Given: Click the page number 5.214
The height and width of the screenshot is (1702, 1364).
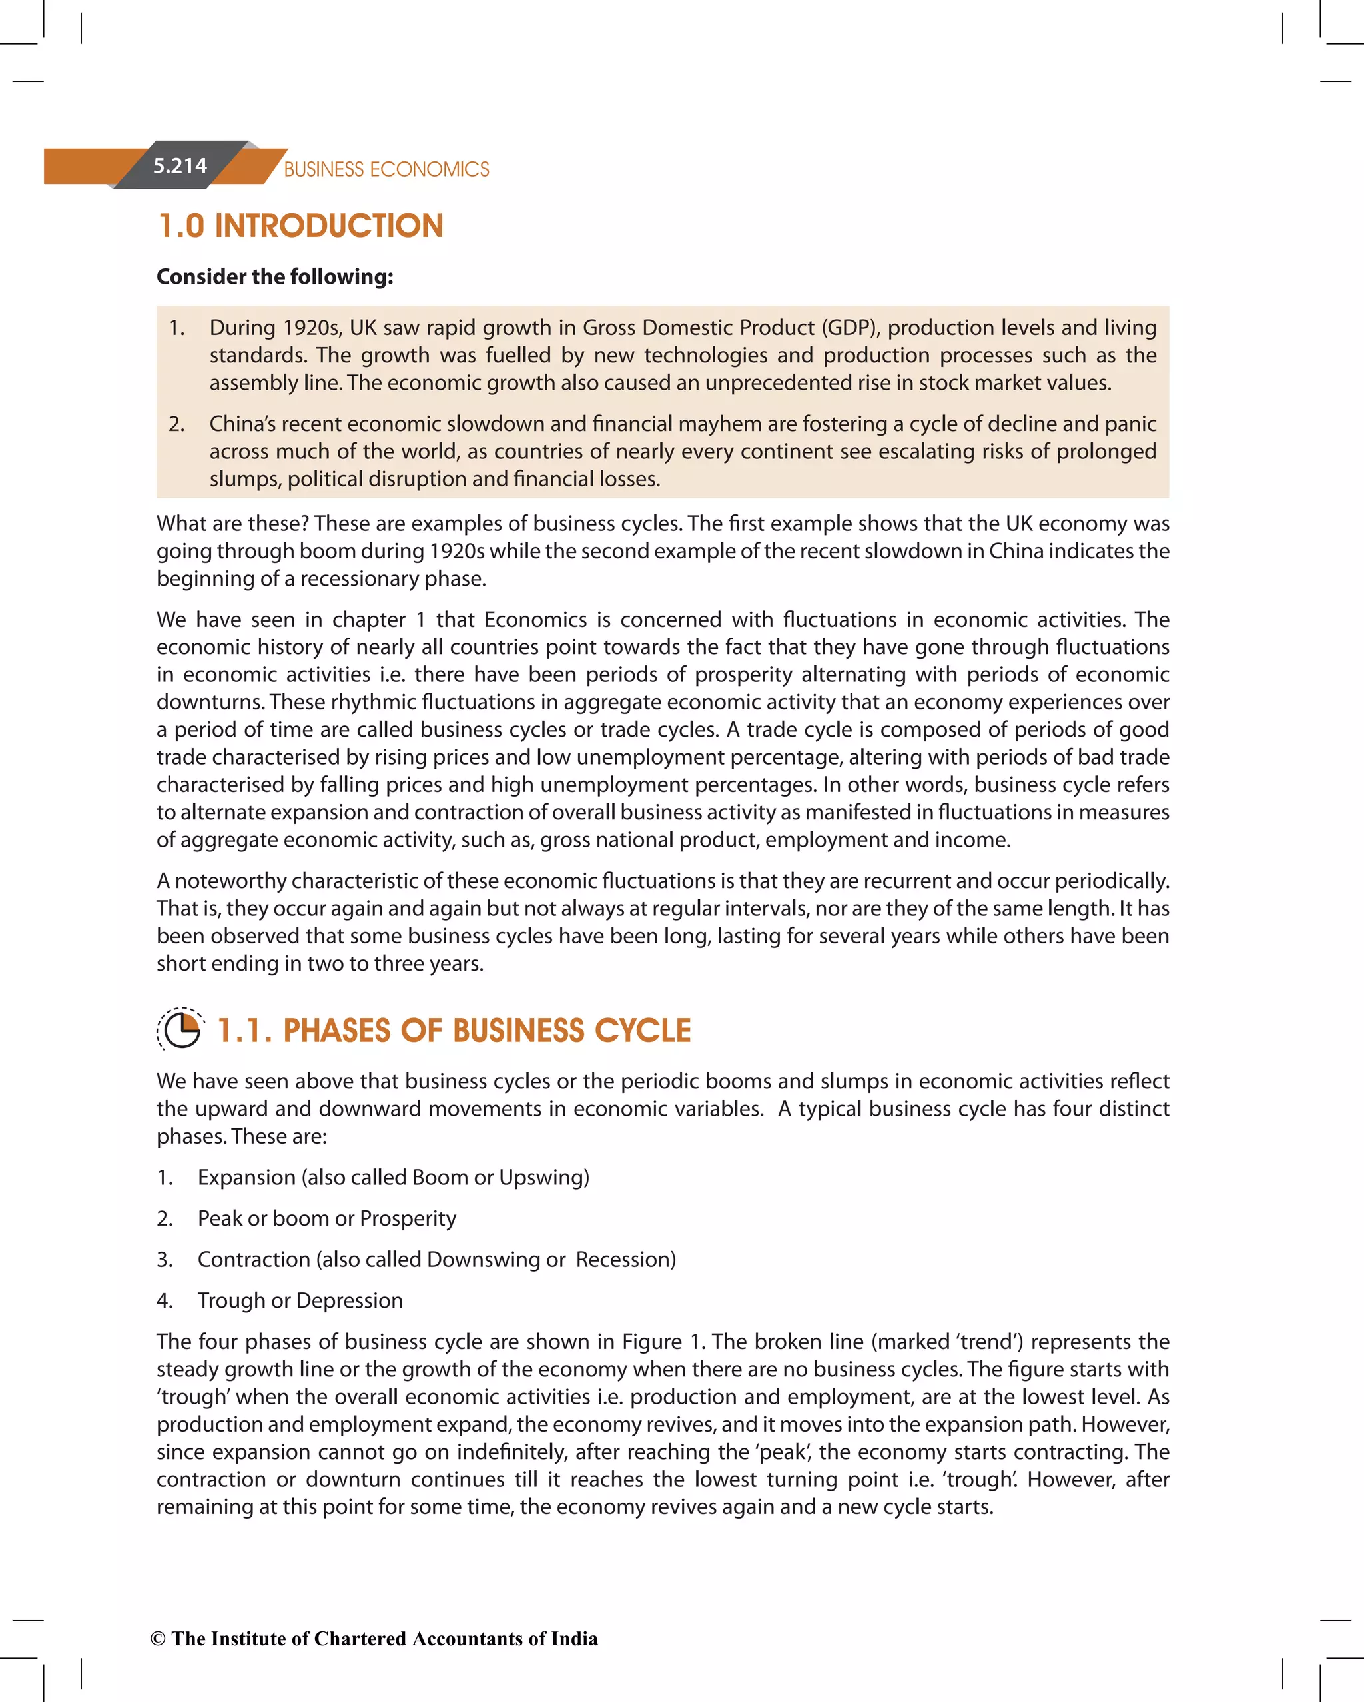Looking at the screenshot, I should coord(180,166).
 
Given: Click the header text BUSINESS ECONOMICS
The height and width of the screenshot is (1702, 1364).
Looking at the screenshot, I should coord(386,169).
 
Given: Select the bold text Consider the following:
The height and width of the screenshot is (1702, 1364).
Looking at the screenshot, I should coord(274,276).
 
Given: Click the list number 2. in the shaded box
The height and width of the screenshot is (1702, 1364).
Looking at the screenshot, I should coord(176,424).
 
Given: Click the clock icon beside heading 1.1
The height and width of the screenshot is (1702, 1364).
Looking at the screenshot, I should coord(180,1029).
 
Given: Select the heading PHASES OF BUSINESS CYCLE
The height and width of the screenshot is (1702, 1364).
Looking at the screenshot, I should coord(486,1031).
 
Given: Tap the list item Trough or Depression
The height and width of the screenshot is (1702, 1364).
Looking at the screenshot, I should coord(300,1300).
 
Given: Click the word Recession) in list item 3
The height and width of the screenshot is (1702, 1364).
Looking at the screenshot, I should coord(625,1259).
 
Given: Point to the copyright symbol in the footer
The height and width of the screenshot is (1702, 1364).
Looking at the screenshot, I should coord(158,1639).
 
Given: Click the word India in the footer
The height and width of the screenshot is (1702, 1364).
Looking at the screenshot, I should coord(574,1639).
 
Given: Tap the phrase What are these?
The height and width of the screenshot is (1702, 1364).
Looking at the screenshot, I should coord(232,524).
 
